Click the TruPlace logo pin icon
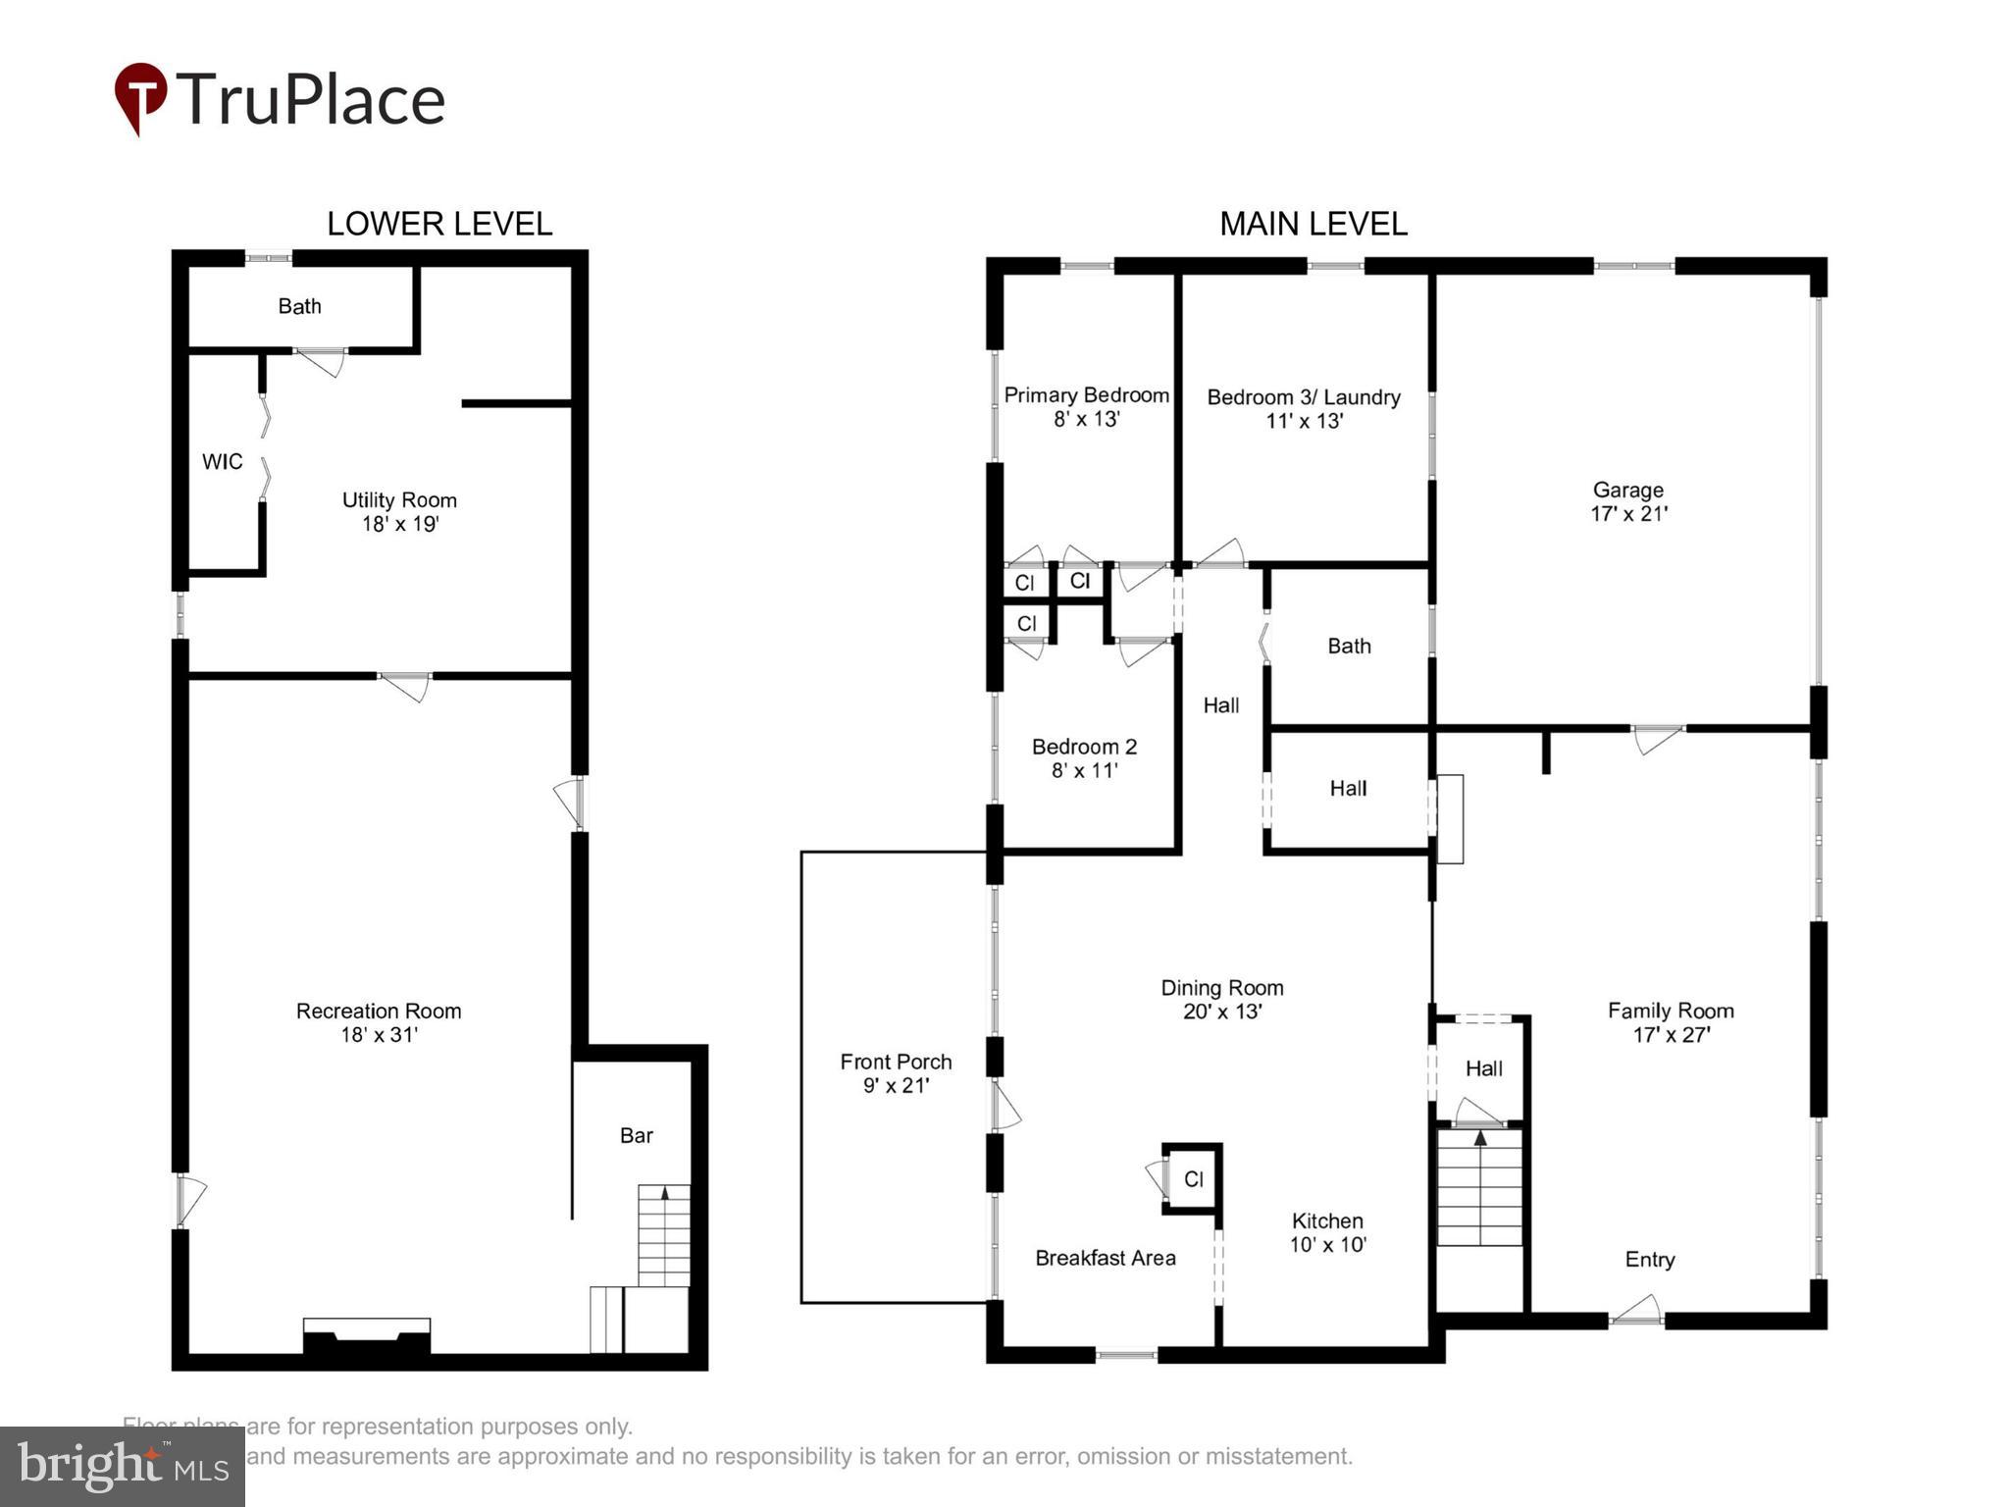140,97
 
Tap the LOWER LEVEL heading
438,224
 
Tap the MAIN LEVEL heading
1313,224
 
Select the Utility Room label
399,500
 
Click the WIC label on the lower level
222,462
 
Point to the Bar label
636,1135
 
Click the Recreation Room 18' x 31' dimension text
379,1035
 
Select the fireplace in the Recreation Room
366,1337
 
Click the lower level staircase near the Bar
664,1236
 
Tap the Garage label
1627,490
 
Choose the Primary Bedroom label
1086,395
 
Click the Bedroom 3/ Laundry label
1303,397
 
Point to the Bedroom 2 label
1084,747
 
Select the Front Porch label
896,1062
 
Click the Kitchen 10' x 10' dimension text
1327,1245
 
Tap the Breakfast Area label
1105,1258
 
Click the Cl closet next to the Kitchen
1193,1179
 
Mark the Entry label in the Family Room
1649,1260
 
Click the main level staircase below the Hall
1479,1187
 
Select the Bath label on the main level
1349,646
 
